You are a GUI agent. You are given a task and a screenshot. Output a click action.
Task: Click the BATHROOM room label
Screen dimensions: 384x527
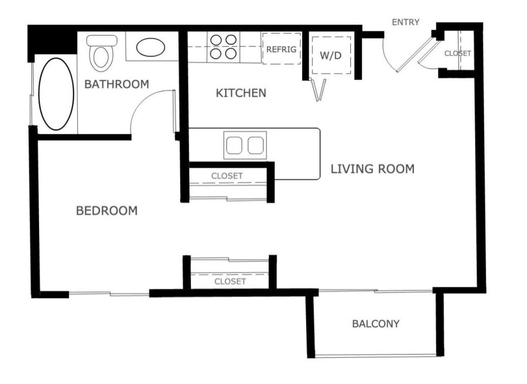[116, 84]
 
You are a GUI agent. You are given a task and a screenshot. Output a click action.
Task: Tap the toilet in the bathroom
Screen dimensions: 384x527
[100, 55]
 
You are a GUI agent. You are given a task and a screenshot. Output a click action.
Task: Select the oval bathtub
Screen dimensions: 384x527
[56, 94]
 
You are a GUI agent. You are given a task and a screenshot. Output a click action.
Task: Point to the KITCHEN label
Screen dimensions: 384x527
[241, 93]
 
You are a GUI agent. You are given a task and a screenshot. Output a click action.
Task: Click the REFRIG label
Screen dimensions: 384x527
[281, 49]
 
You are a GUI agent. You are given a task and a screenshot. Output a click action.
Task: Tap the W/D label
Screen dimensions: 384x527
[330, 56]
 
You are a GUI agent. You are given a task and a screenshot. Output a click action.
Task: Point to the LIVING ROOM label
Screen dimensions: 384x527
[372, 169]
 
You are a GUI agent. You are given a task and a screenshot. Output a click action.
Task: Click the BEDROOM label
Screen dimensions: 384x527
[107, 211]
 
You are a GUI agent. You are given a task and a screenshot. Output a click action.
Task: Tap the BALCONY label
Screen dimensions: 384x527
[376, 324]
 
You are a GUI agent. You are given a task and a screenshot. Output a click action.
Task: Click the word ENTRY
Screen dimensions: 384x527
[406, 22]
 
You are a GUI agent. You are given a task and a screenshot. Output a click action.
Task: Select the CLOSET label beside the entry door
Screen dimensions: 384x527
[458, 53]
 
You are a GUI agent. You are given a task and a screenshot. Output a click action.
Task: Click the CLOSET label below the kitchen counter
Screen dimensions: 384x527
[227, 176]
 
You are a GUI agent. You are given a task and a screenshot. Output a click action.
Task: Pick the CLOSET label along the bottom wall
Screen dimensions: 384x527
[230, 282]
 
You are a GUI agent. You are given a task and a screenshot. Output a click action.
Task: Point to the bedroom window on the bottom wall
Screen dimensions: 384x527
[109, 294]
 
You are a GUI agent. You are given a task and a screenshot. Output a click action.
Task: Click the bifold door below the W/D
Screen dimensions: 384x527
[319, 90]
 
